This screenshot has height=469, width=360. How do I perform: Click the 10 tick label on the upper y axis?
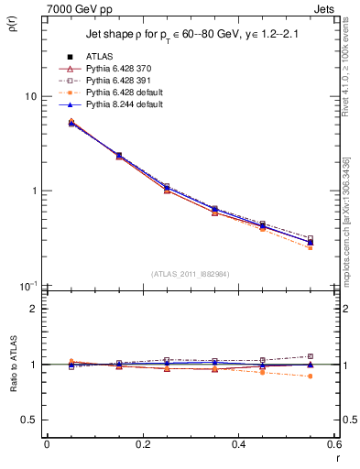pyautogui.click(x=30, y=96)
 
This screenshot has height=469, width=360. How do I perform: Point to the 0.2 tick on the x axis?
pyautogui.click(x=142, y=444)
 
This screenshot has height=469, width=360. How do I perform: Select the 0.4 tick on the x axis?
pyautogui.click(x=238, y=444)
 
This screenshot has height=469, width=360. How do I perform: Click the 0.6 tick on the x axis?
pyautogui.click(x=333, y=444)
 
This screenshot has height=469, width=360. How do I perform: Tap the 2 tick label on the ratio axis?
pyautogui.click(x=34, y=309)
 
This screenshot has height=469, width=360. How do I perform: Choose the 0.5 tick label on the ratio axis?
pyautogui.click(x=30, y=420)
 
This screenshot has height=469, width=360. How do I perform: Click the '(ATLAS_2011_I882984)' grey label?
pyautogui.click(x=190, y=274)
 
